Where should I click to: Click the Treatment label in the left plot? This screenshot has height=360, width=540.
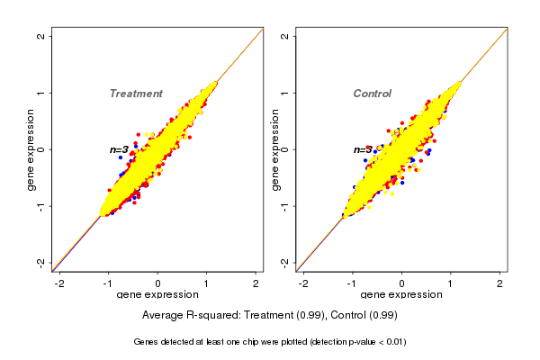point(136,94)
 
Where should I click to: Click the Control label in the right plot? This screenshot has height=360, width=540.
point(373,94)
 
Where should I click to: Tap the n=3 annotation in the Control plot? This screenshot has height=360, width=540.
point(363,149)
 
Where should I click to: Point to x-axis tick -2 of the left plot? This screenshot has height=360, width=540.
point(59,283)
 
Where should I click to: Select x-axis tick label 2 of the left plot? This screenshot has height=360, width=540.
point(256,283)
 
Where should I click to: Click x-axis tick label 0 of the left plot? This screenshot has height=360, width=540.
point(158,283)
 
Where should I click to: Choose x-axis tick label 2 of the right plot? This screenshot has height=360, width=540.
point(500,283)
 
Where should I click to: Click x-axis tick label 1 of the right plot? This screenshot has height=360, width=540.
point(451,283)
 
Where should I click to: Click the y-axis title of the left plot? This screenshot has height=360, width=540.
point(31,149)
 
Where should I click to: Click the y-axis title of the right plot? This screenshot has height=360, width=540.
point(274,149)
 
